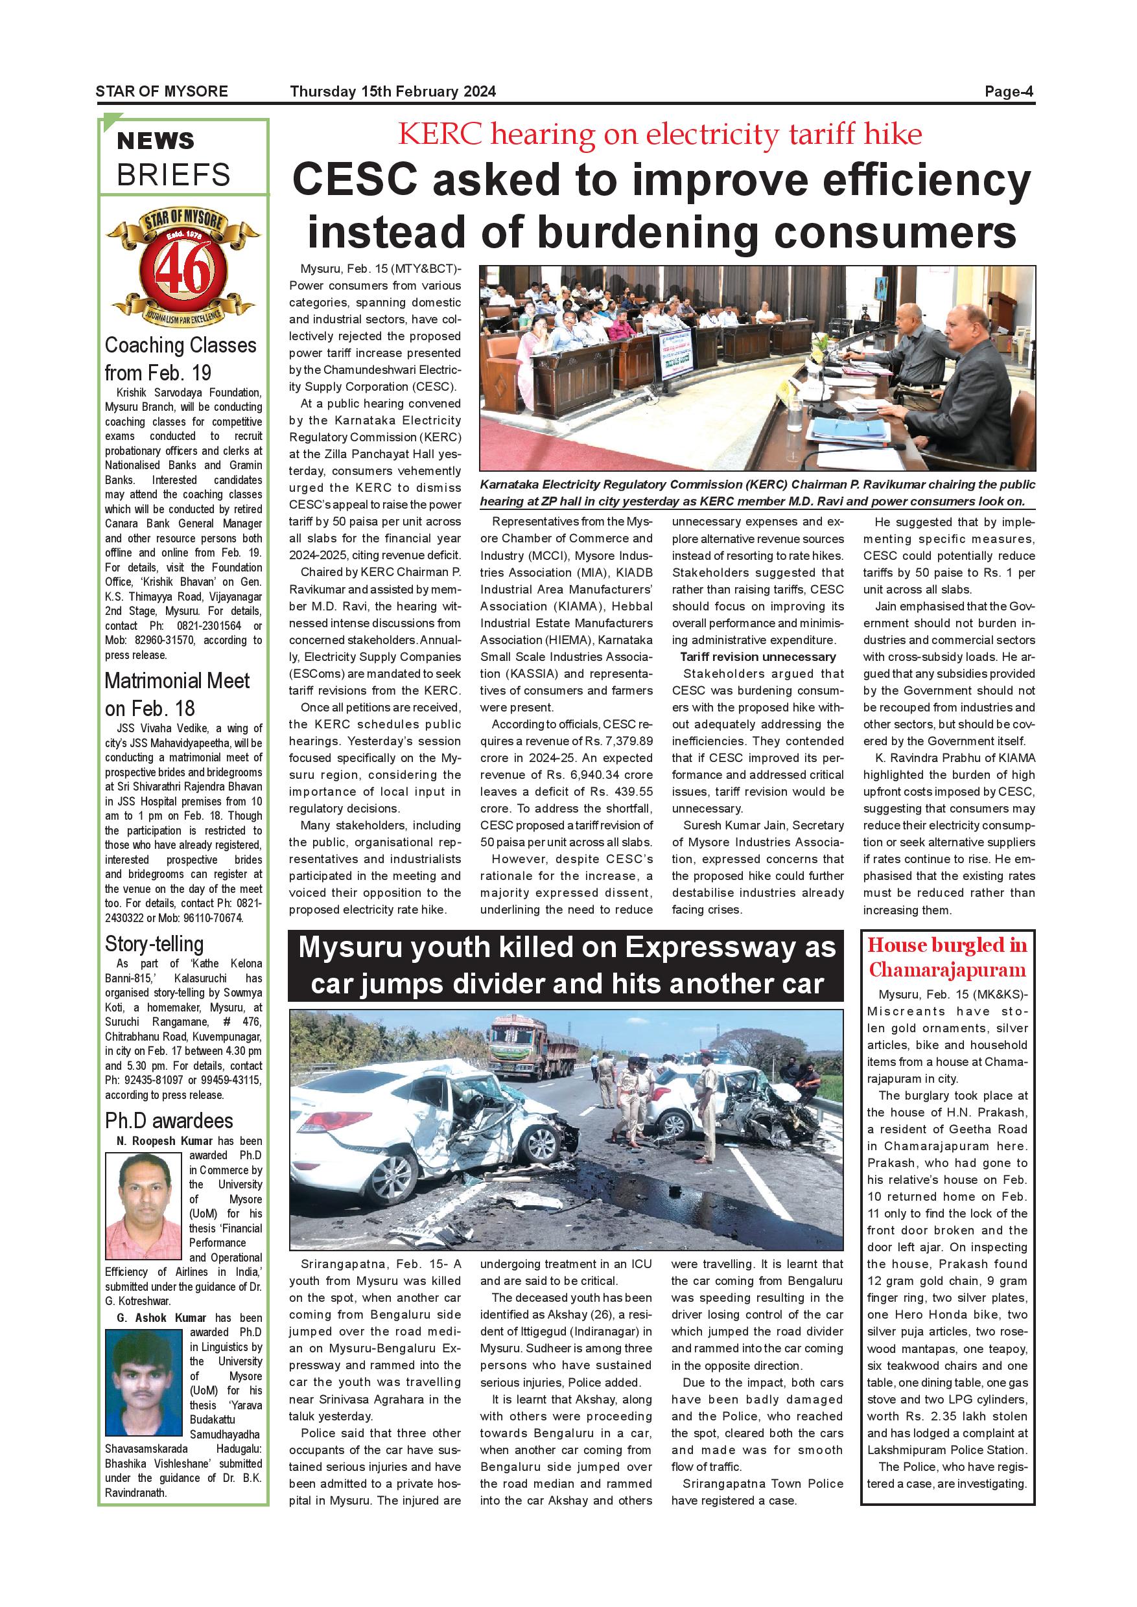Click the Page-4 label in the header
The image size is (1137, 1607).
tap(1008, 91)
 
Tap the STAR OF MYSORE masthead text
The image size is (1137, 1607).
tap(161, 91)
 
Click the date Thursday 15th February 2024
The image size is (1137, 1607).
tap(393, 91)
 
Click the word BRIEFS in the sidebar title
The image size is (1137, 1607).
tap(174, 175)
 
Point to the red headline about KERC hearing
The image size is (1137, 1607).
tap(659, 134)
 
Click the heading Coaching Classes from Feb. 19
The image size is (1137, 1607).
tap(181, 358)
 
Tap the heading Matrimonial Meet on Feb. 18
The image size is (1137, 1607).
tap(177, 694)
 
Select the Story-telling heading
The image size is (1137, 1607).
tap(154, 943)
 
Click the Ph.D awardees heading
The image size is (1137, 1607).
tap(169, 1120)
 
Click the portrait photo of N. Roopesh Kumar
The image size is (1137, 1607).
tap(143, 1205)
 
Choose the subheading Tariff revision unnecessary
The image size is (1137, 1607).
tap(758, 656)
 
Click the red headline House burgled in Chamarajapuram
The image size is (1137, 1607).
tap(947, 957)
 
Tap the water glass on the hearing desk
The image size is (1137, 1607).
tap(793, 416)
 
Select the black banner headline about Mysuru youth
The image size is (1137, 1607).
tap(566, 965)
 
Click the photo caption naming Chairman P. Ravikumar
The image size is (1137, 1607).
tap(757, 492)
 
